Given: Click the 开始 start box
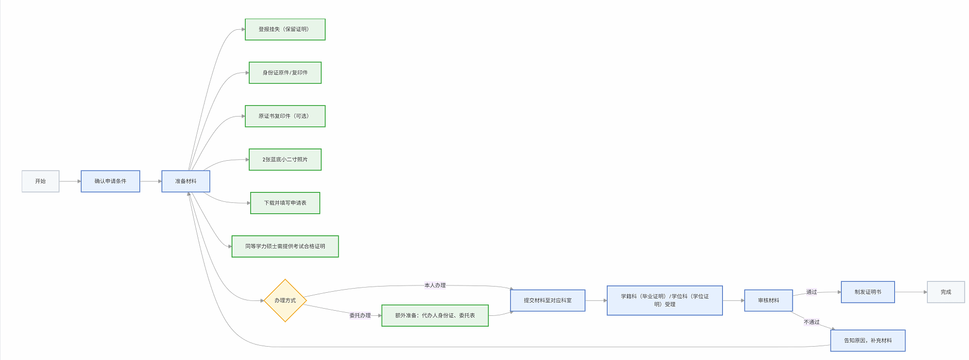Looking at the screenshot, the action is pyautogui.click(x=41, y=181).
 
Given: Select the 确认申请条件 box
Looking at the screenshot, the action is pyautogui.click(x=110, y=181).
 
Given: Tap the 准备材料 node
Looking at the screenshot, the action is pyautogui.click(x=185, y=181).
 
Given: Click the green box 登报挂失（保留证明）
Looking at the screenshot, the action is pyautogui.click(x=285, y=29).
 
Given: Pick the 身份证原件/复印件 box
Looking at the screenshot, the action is pyautogui.click(x=285, y=73).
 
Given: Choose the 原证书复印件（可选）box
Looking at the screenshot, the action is pyautogui.click(x=285, y=116).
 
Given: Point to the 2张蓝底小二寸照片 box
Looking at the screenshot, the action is pyautogui.click(x=285, y=160).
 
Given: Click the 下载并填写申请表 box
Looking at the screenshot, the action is pyautogui.click(x=285, y=203).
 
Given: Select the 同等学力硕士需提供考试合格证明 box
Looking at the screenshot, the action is pyautogui.click(x=285, y=247).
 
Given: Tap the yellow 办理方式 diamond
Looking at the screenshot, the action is pyautogui.click(x=285, y=300).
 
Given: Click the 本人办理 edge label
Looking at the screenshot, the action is pyautogui.click(x=435, y=286).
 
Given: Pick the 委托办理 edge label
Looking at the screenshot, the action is pyautogui.click(x=360, y=315).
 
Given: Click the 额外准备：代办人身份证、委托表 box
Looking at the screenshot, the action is pyautogui.click(x=435, y=315).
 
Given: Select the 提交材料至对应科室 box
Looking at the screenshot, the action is pyautogui.click(x=548, y=300).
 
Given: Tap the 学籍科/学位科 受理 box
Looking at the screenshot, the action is pyautogui.click(x=665, y=300).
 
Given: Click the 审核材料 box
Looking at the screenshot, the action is pyautogui.click(x=769, y=300).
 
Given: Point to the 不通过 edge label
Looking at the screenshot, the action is pyautogui.click(x=812, y=322).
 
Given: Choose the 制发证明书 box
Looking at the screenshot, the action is pyautogui.click(x=868, y=292).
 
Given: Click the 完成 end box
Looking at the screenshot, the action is pyautogui.click(x=946, y=292).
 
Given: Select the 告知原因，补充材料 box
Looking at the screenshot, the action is pyautogui.click(x=868, y=340).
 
